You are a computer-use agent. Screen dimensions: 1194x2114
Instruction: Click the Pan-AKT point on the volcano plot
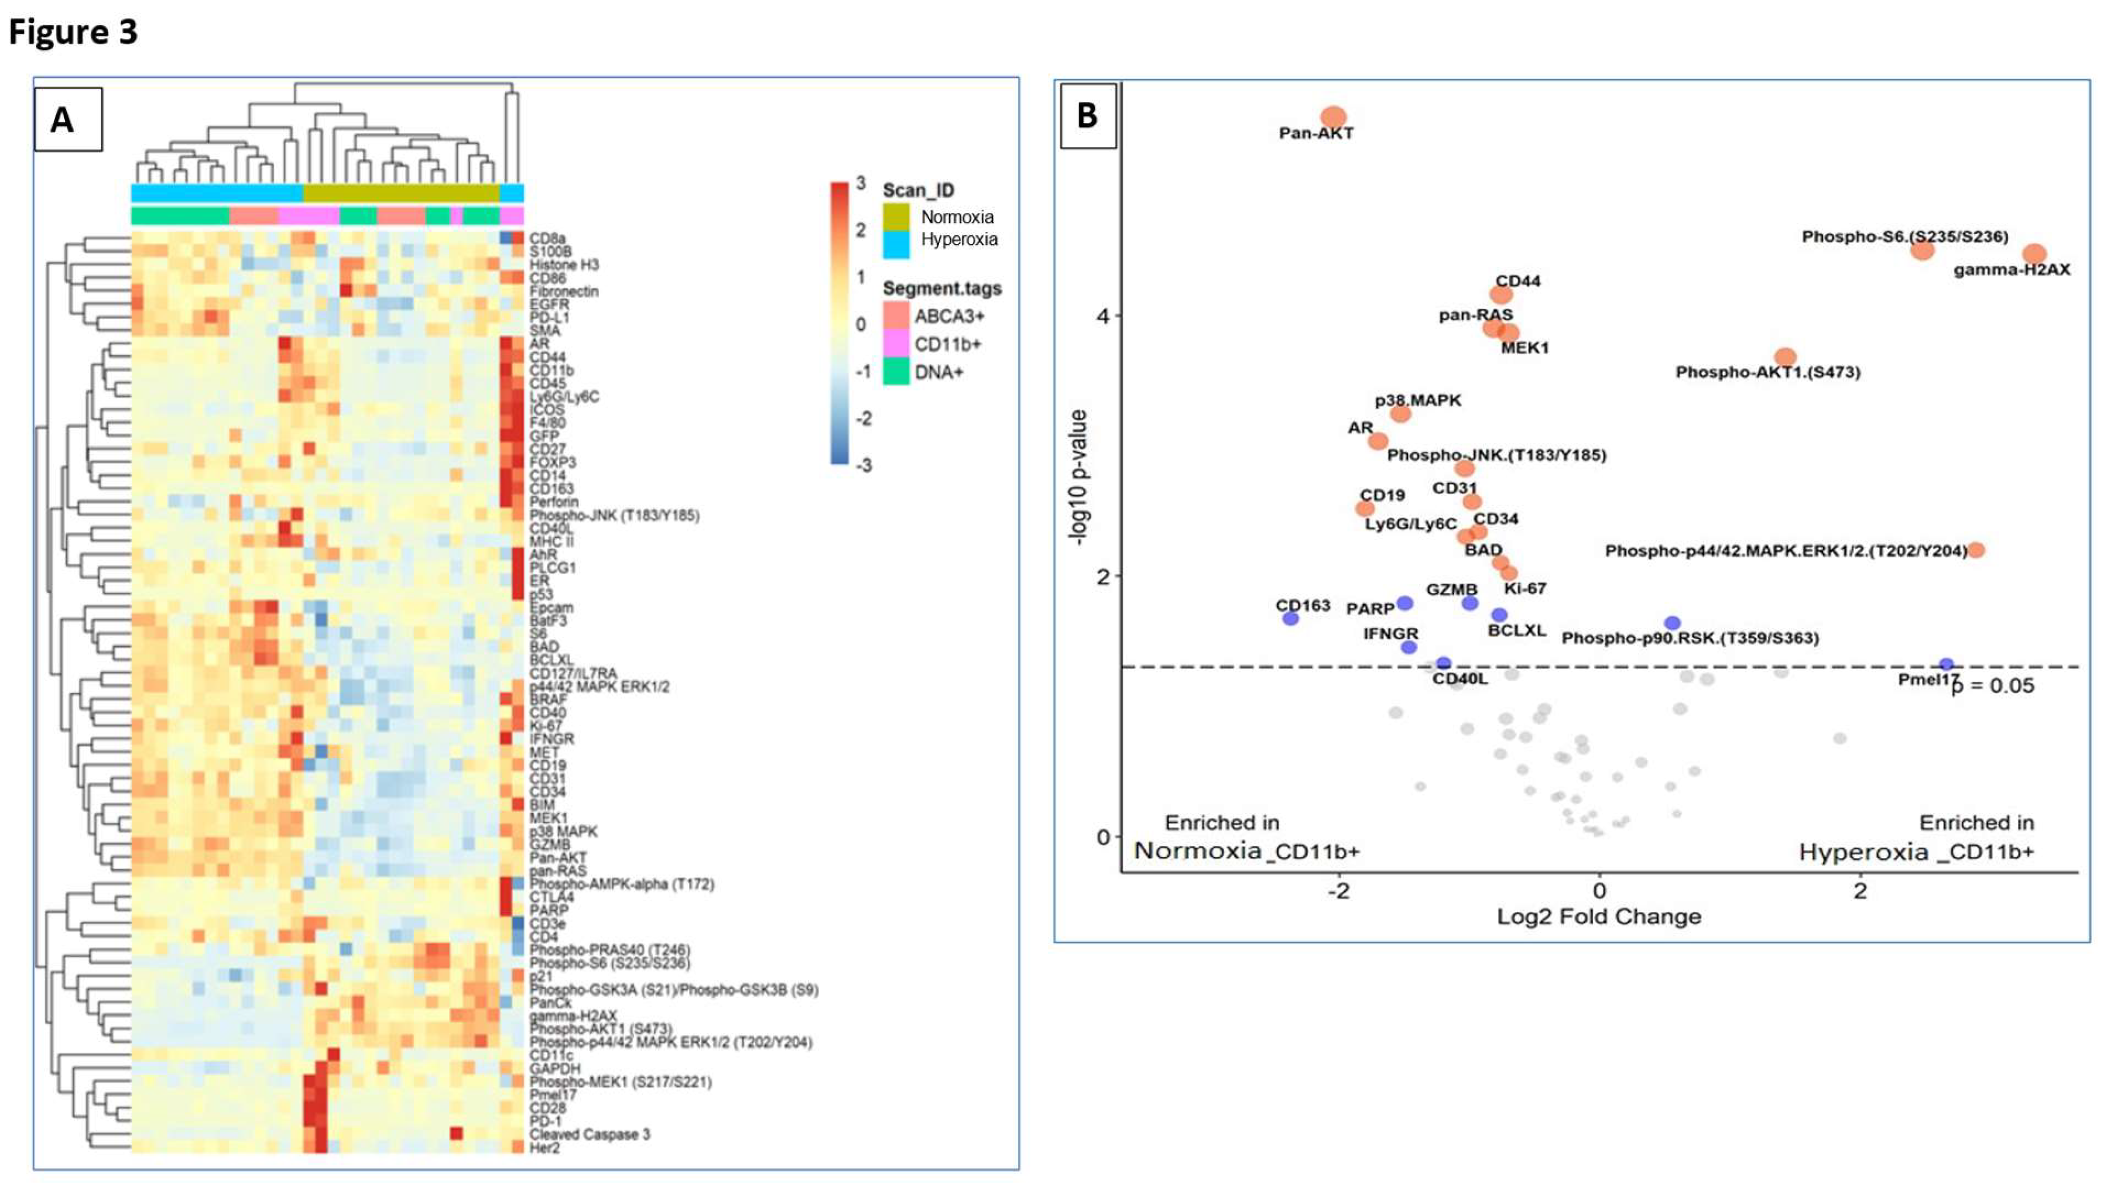click(1334, 117)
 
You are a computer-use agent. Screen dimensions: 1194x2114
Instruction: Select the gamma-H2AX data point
click(2034, 253)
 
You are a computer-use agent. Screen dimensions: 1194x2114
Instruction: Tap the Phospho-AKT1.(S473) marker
click(1786, 357)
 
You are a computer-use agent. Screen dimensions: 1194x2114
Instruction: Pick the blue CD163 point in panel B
click(1291, 618)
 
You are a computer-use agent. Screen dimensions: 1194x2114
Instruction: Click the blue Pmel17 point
click(1946, 665)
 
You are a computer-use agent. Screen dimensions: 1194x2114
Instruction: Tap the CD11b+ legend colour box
click(896, 344)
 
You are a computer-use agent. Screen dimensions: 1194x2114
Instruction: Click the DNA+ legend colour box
click(896, 372)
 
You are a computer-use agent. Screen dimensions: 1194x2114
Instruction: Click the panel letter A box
click(68, 120)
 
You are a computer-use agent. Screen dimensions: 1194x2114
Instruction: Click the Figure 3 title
click(73, 32)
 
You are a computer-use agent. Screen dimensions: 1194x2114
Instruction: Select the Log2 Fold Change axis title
click(1599, 917)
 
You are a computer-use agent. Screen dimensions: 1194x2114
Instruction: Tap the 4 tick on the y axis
click(1103, 316)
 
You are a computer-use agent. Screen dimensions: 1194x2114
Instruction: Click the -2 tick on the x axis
click(1338, 890)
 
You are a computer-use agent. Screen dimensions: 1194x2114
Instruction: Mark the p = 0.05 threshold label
click(1993, 686)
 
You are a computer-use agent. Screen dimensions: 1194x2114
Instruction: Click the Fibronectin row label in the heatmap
click(564, 291)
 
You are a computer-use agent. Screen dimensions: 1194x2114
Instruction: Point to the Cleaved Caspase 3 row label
click(589, 1134)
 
